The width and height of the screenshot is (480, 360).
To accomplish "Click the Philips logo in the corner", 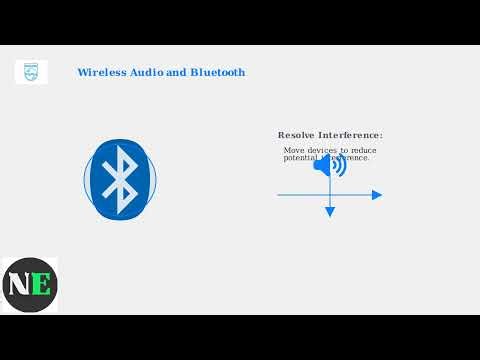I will [x=31, y=72].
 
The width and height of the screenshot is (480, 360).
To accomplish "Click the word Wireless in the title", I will [x=99, y=73].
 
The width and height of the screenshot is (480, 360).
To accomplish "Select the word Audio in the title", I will [x=142, y=73].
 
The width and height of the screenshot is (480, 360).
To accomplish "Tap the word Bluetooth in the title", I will [x=213, y=73].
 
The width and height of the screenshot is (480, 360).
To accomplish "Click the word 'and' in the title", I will [x=171, y=73].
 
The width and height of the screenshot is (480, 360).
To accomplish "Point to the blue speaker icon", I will [x=329, y=164].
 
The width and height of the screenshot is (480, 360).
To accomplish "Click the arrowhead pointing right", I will [x=377, y=195].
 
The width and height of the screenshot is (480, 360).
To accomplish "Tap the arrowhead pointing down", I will [x=330, y=212].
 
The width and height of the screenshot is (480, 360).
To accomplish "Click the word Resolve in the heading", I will [x=297, y=135].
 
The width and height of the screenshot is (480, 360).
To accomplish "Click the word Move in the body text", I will [x=293, y=151].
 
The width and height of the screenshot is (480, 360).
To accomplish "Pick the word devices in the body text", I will [x=322, y=151].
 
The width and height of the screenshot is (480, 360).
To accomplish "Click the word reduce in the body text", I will [x=363, y=151].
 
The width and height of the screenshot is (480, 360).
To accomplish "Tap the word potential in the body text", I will [x=300, y=158].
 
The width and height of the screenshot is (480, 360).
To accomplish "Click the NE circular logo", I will [x=30, y=285].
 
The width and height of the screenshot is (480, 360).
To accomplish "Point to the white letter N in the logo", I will [x=20, y=285].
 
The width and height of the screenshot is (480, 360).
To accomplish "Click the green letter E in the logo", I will [x=41, y=285].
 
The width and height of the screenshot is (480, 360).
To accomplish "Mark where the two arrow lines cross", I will [x=330, y=195].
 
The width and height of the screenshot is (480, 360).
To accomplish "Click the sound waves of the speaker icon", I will [x=340, y=165].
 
